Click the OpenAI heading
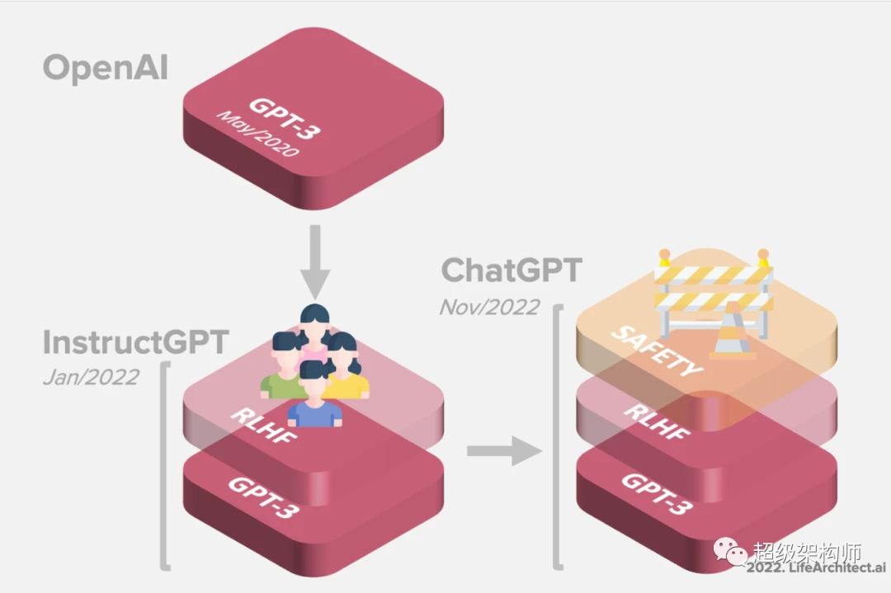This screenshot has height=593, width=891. click(x=106, y=68)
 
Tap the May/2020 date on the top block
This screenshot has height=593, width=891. click(x=257, y=134)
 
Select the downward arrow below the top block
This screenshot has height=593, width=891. click(x=315, y=261)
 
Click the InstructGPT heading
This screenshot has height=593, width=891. click(x=136, y=342)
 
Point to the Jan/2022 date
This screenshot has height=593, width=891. click(x=91, y=377)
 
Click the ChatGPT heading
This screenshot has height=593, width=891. click(x=512, y=270)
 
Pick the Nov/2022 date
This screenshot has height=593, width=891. click(x=489, y=308)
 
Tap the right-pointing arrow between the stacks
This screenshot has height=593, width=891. click(x=504, y=451)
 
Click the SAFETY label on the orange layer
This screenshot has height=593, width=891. click(x=657, y=351)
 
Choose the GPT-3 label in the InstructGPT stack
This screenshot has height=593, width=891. click(x=263, y=497)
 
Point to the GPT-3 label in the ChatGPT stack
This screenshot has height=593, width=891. click(x=657, y=493)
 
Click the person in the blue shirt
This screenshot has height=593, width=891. click(x=315, y=395)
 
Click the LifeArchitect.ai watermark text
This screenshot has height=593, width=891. click(x=816, y=567)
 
